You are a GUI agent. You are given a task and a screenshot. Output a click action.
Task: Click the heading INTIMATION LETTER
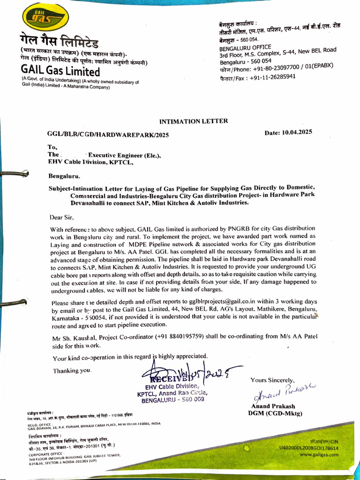(194, 121)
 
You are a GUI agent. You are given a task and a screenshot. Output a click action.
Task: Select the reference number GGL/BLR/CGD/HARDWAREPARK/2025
(108, 135)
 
